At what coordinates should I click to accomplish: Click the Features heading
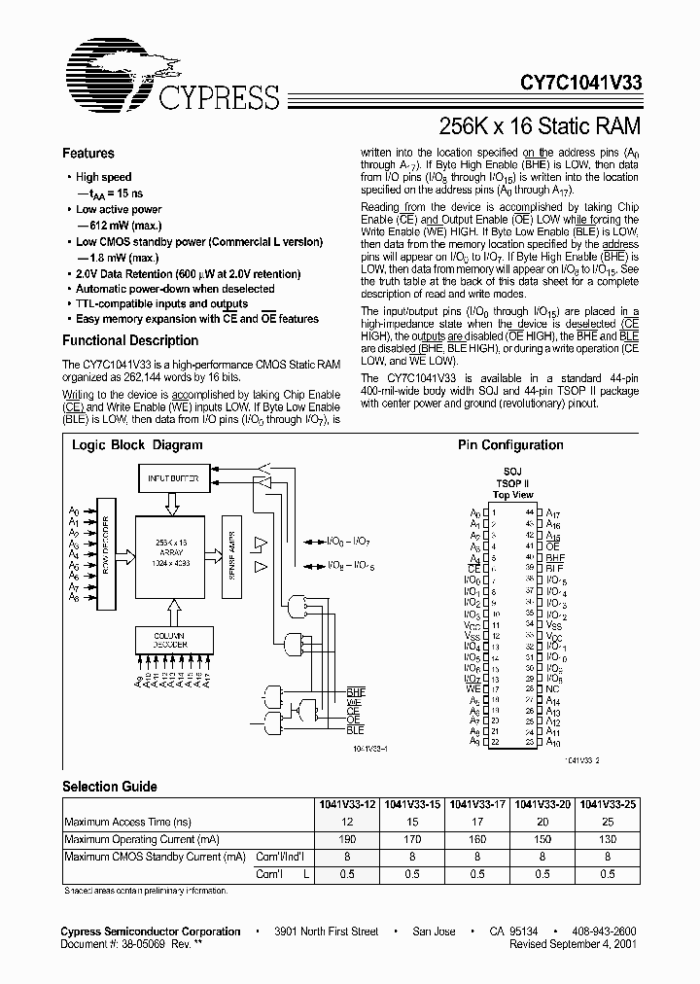(x=87, y=154)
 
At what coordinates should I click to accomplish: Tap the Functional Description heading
(x=130, y=341)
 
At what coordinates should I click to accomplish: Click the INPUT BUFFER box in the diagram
(x=171, y=478)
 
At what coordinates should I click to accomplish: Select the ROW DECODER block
(x=106, y=545)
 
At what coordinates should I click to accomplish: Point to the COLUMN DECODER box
(x=172, y=640)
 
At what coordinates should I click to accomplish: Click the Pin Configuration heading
(x=510, y=445)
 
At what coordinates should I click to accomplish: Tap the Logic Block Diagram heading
(x=137, y=445)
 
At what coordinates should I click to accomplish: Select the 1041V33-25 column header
(x=608, y=805)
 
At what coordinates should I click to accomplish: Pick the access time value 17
(x=476, y=822)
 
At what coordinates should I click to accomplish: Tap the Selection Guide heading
(x=110, y=786)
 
